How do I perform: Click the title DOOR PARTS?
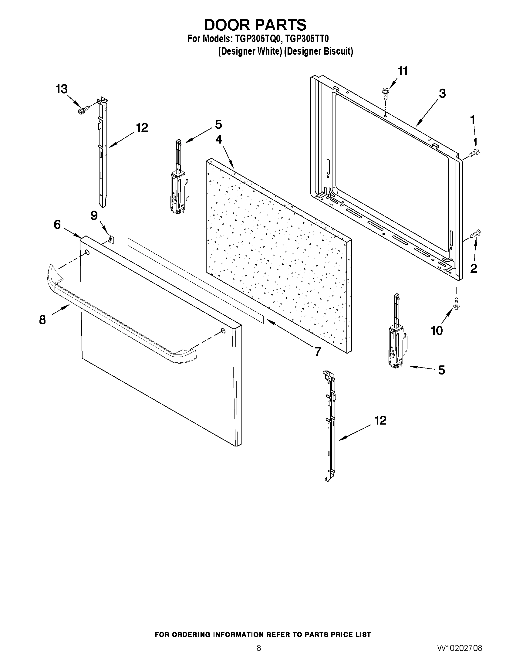pos(255,25)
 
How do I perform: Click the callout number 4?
pos(219,140)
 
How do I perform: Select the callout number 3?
pos(442,93)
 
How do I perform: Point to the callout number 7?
pos(318,352)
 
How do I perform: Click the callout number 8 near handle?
pos(42,320)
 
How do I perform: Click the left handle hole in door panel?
pos(87,253)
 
